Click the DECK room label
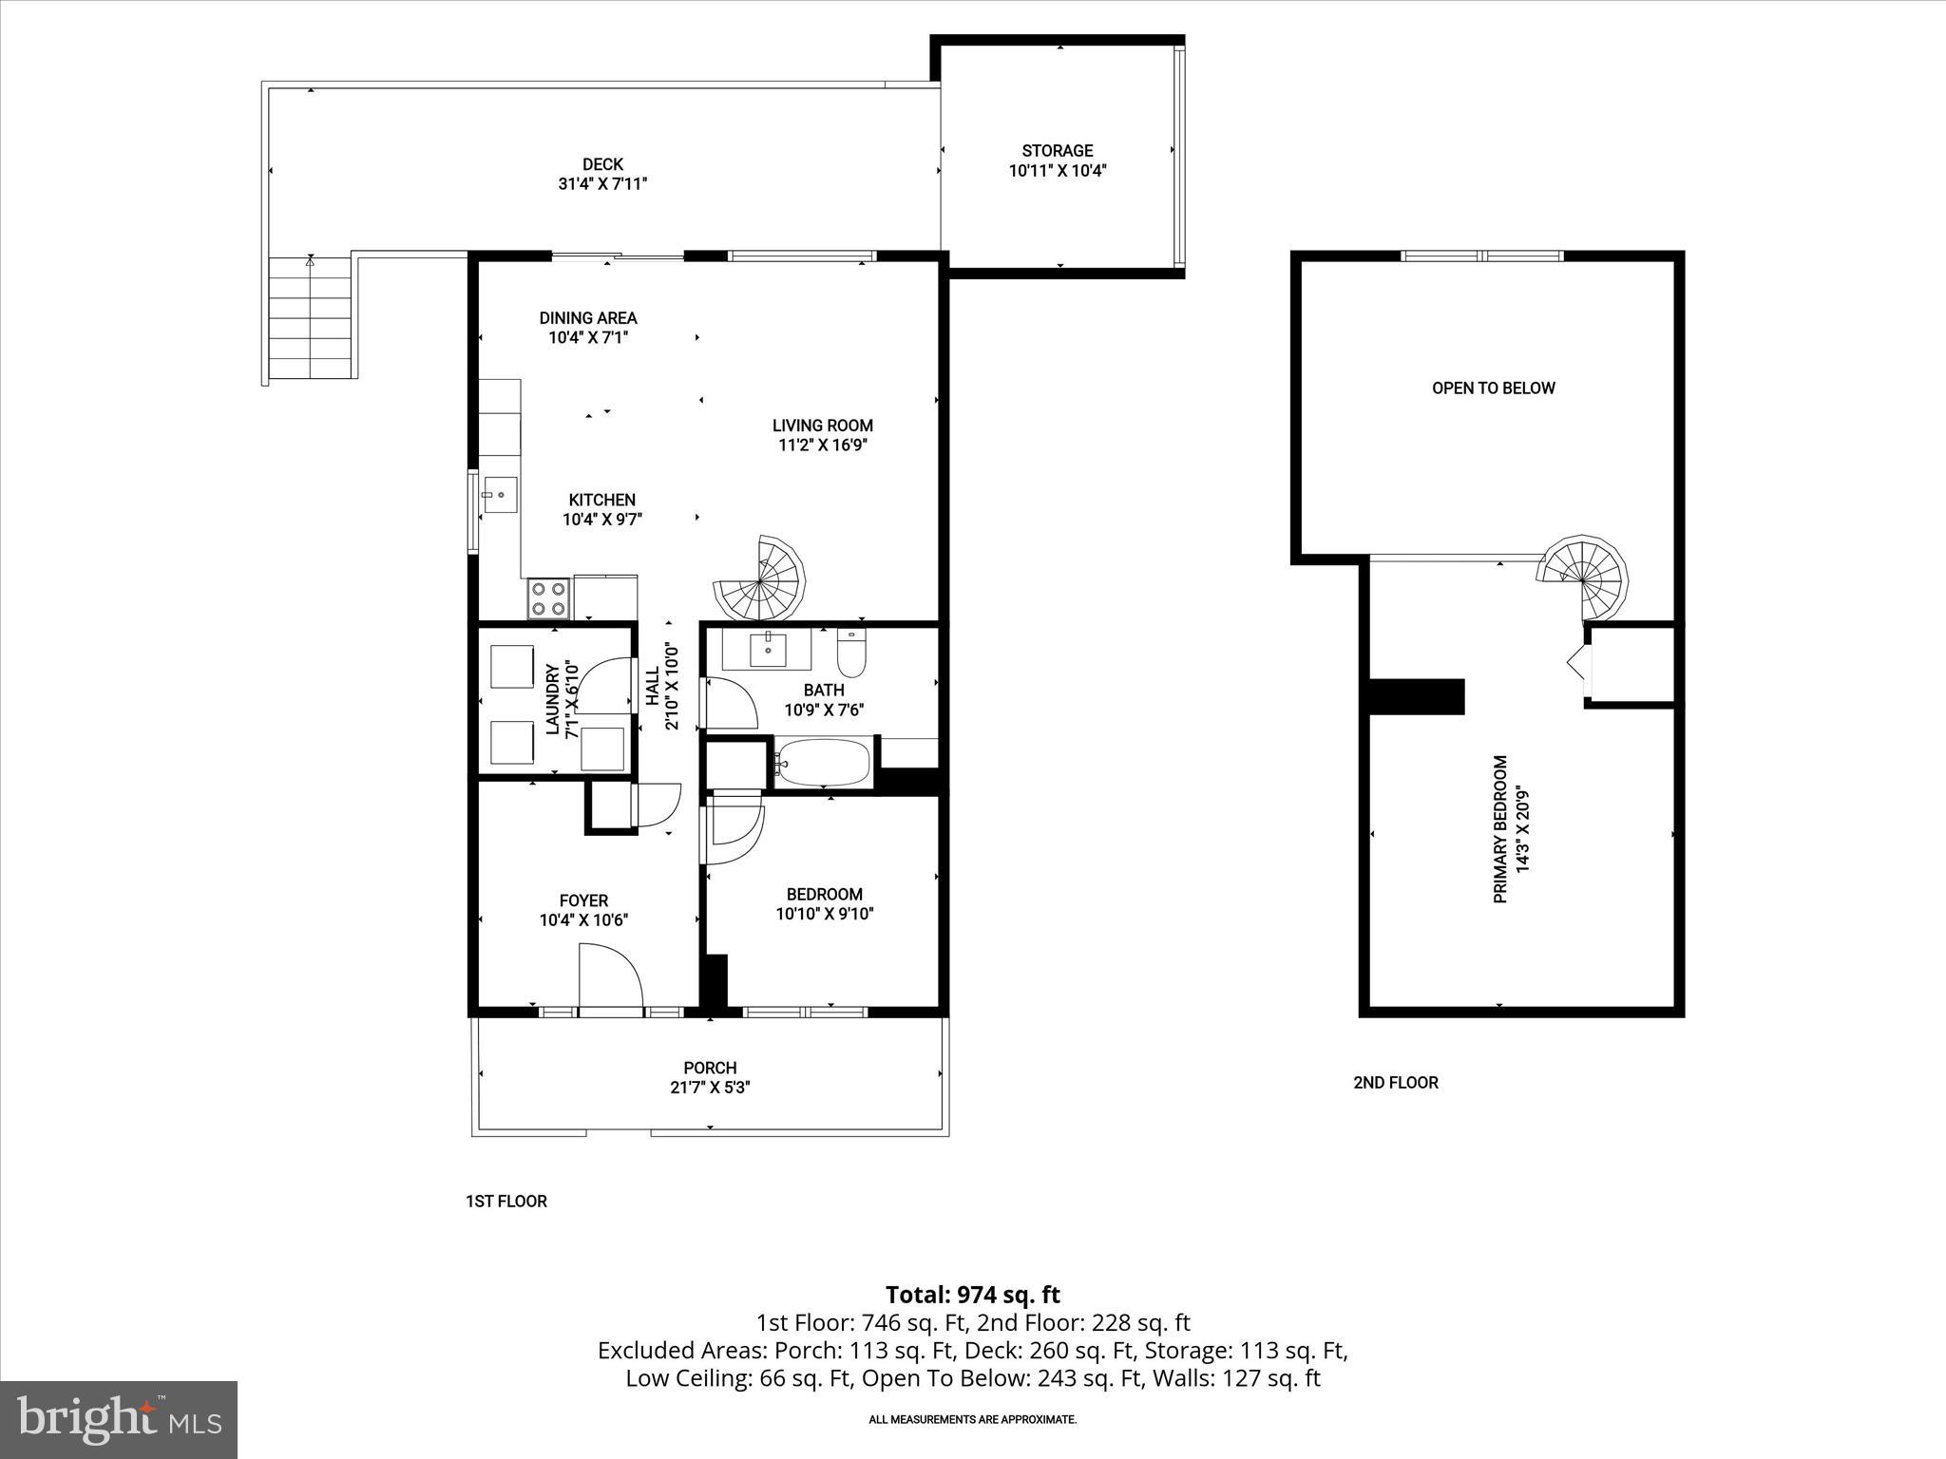click(x=602, y=164)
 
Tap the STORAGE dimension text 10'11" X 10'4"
click(x=1058, y=171)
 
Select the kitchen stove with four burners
click(x=549, y=597)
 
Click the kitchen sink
click(x=500, y=495)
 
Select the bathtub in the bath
click(x=823, y=763)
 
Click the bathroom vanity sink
click(x=767, y=651)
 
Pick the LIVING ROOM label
click(x=822, y=426)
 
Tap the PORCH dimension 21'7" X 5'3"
click(x=710, y=1088)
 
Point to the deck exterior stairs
click(x=310, y=319)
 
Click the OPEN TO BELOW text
click(x=1493, y=388)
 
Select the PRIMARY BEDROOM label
click(x=1500, y=829)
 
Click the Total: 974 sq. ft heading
click(x=972, y=1295)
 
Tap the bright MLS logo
click(x=118, y=1419)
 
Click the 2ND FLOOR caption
click(x=1395, y=1082)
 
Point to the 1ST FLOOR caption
click(x=506, y=1201)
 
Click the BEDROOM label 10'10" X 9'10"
click(x=824, y=903)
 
